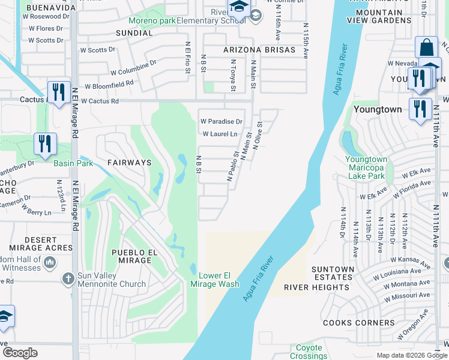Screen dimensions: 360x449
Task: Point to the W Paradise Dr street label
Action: tap(221, 121)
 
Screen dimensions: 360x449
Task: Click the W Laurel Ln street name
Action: tap(220, 134)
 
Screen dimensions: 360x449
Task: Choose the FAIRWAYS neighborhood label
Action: tap(129, 163)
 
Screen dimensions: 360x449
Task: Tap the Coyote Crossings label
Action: tap(309, 352)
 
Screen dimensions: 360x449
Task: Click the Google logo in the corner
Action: tap(20, 353)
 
